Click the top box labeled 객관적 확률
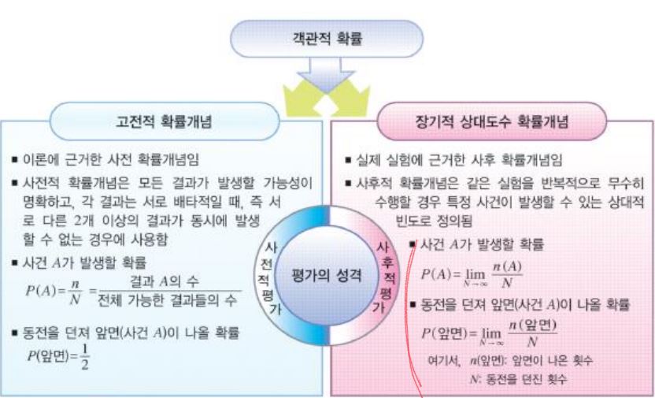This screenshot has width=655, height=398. click(327, 37)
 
